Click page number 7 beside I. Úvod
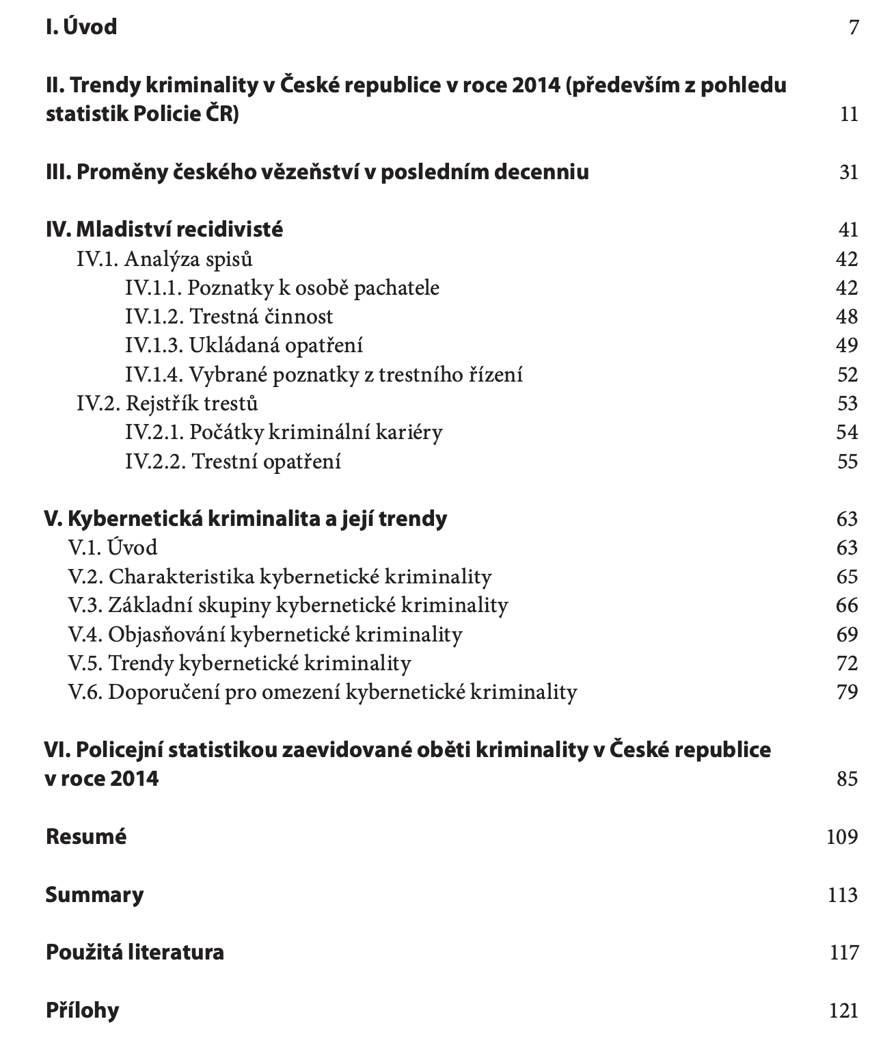[852, 27]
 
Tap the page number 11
[848, 114]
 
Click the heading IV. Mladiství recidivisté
[164, 229]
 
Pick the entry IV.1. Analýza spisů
[165, 259]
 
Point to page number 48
[847, 317]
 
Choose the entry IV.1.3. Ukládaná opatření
[244, 345]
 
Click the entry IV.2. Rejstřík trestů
[167, 404]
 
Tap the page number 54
[847, 432]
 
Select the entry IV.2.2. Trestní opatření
[233, 462]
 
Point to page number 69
[847, 635]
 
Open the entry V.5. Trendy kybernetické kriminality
[239, 663]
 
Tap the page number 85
[847, 779]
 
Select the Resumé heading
[86, 836]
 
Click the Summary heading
[94, 895]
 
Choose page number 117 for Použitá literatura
[844, 952]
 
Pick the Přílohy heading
[82, 1010]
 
